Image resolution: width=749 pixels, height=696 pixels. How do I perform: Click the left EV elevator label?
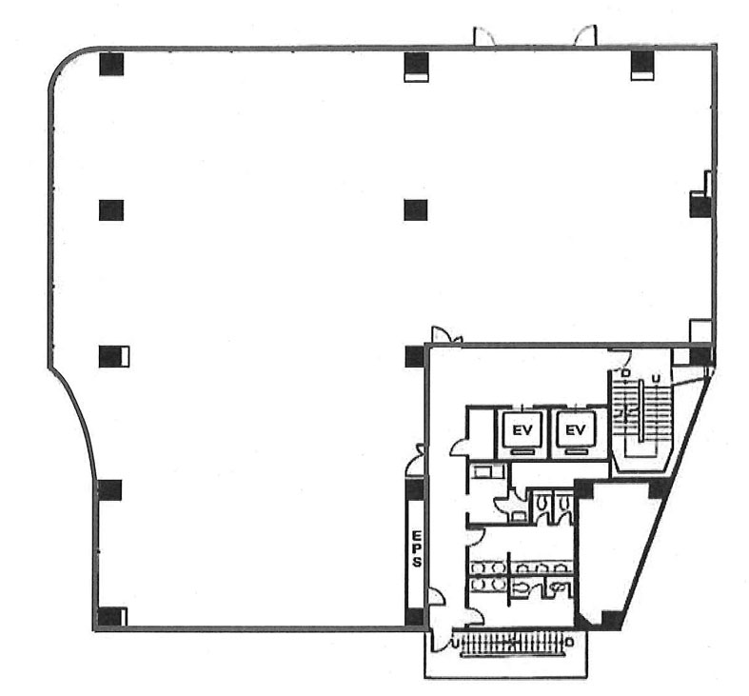522,430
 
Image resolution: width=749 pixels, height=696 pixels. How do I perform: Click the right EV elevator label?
575,430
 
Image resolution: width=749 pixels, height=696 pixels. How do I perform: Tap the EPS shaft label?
417,547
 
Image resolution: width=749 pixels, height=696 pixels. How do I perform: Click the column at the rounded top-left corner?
111,65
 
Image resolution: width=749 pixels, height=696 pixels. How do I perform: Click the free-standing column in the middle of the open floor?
416,209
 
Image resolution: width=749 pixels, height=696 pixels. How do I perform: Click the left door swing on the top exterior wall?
483,36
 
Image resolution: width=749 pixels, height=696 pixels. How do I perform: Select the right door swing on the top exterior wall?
585,36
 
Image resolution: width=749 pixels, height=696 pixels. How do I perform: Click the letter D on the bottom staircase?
568,642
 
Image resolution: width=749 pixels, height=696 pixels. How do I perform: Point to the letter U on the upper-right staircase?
657,379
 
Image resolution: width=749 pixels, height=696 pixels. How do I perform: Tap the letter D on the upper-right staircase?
624,373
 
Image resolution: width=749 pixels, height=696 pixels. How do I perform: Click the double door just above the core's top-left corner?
447,335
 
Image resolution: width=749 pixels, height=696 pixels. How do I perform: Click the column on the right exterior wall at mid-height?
700,206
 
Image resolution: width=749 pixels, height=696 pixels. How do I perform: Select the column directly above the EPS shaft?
415,490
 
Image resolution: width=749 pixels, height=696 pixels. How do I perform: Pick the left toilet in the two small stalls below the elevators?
542,504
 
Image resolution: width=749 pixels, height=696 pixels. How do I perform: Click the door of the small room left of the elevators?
460,447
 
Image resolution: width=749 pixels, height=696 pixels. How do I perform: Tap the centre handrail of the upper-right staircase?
640,409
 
